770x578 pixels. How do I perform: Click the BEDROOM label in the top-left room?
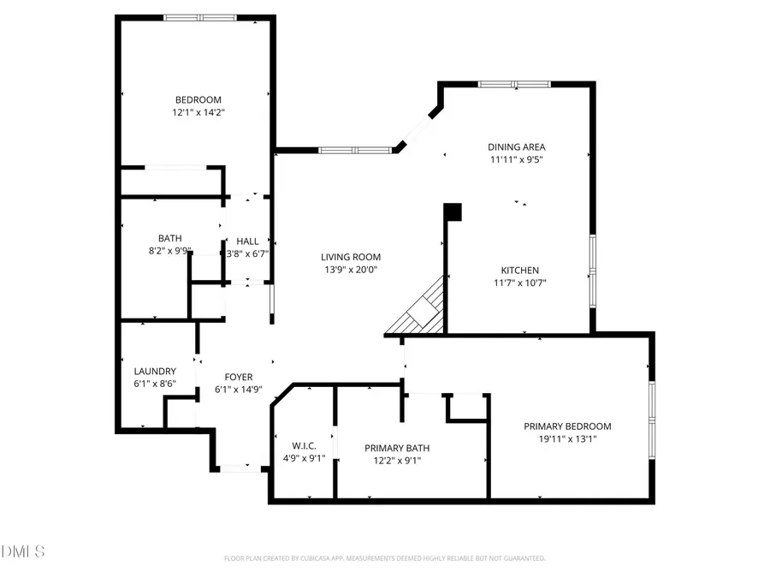pos(198,99)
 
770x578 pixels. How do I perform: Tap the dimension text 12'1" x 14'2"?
pos(198,111)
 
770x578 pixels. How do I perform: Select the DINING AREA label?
pos(517,146)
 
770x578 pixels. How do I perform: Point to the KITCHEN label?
pos(519,271)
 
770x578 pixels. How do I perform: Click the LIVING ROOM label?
pos(351,257)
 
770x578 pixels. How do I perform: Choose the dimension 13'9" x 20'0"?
pos(351,269)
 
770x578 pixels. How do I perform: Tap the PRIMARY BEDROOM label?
pos(567,426)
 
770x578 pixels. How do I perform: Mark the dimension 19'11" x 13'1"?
pos(567,438)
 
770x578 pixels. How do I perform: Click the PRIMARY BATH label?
pos(397,448)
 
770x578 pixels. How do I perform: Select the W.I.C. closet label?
pos(305,446)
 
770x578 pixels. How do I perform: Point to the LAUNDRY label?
pos(155,372)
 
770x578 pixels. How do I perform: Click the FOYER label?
pos(238,377)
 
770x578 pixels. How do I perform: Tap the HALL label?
pos(247,241)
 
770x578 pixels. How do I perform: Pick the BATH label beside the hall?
pos(169,239)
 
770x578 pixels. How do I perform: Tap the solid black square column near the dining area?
pos(453,212)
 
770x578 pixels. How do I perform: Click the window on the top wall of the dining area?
pos(513,84)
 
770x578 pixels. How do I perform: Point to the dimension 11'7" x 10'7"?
pos(519,283)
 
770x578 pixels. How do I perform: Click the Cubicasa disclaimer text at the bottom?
pos(384,558)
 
